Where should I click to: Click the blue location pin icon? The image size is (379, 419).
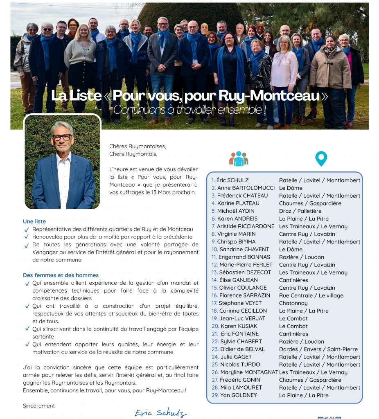(x=321, y=158)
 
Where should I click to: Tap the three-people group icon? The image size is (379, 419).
(x=239, y=158)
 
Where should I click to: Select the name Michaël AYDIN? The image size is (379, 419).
(x=236, y=211)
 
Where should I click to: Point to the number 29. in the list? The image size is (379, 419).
(x=215, y=395)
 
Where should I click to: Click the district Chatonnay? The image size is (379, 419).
(x=293, y=303)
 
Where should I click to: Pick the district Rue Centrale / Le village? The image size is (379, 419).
(x=311, y=295)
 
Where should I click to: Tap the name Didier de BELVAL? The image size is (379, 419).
(x=242, y=349)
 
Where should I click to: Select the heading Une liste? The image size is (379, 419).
(x=34, y=221)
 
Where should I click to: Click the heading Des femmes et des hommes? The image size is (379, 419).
(x=61, y=275)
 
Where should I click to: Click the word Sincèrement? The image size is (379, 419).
(x=39, y=406)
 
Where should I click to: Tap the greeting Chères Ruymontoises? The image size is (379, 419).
(x=138, y=146)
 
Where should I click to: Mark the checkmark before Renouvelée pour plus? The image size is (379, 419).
(x=27, y=237)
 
